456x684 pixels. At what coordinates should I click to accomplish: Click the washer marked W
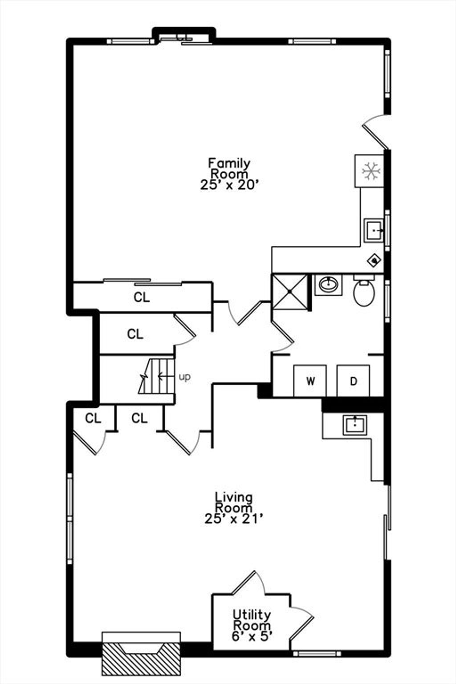pos(310,380)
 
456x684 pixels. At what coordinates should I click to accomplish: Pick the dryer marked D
pos(353,380)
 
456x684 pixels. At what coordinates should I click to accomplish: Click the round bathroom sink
pos(329,285)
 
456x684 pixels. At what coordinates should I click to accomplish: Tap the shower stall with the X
pos(289,292)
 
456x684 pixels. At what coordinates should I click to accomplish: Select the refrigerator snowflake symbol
pos(371,171)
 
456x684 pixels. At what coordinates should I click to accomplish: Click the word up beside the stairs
pos(184,377)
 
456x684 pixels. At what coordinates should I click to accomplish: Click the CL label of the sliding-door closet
pos(142,297)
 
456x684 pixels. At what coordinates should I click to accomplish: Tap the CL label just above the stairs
pos(135,334)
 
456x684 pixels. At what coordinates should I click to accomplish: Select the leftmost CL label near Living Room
pos(93,418)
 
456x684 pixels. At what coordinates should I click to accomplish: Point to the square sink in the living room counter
pos(354,425)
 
